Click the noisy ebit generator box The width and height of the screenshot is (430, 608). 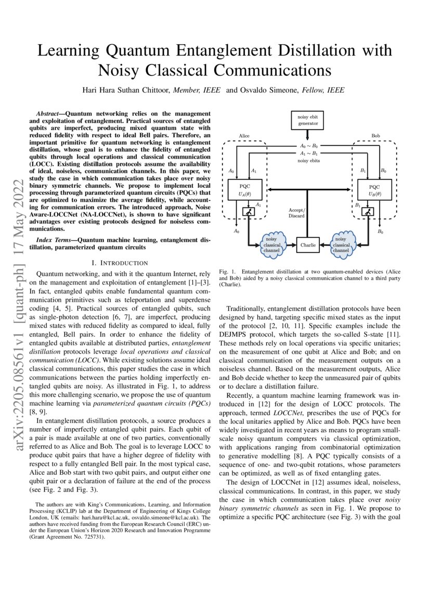(x=307, y=120)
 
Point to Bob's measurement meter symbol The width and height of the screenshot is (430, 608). (x=368, y=212)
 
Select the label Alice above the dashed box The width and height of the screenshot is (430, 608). (x=244, y=136)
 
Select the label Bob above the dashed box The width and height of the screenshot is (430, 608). (x=375, y=136)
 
